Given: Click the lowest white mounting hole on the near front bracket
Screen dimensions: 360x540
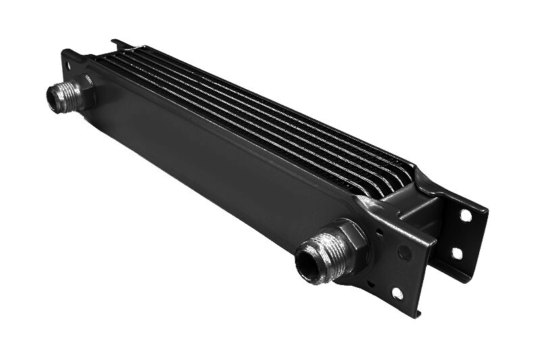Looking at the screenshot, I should click(397, 293).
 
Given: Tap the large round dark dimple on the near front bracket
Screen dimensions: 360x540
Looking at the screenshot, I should click(404, 253).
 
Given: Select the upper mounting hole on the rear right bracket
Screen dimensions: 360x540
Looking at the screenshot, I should click(465, 215).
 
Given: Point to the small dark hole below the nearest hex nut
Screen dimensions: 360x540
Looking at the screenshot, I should click(371, 282).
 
